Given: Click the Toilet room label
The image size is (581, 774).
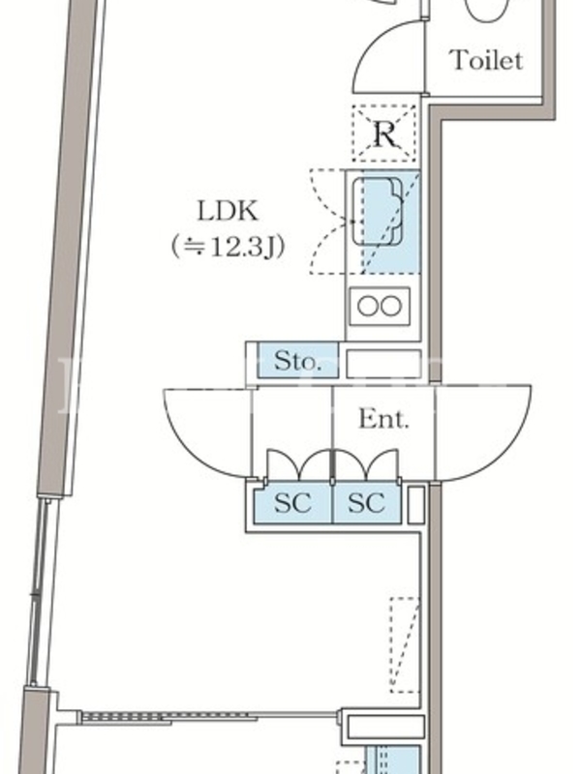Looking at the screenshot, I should [486, 61].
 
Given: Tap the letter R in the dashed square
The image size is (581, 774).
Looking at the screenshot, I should [384, 134].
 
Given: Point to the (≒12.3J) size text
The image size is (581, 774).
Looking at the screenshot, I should [227, 248].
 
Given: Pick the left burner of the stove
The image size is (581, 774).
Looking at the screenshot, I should [369, 307].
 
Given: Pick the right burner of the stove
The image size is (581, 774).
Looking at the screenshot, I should [391, 307].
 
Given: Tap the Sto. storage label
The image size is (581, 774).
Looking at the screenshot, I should [296, 363].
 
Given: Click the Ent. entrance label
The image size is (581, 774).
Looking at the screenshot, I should [384, 419].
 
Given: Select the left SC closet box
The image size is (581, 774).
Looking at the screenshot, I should [292, 503].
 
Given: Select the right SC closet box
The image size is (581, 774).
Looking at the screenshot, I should [366, 503].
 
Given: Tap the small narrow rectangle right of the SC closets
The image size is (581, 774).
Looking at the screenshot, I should [416, 503].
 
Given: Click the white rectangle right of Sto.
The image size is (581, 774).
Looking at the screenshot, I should [382, 364].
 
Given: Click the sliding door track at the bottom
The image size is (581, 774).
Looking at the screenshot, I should [208, 717].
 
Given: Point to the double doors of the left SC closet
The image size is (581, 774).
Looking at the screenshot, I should [292, 464].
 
